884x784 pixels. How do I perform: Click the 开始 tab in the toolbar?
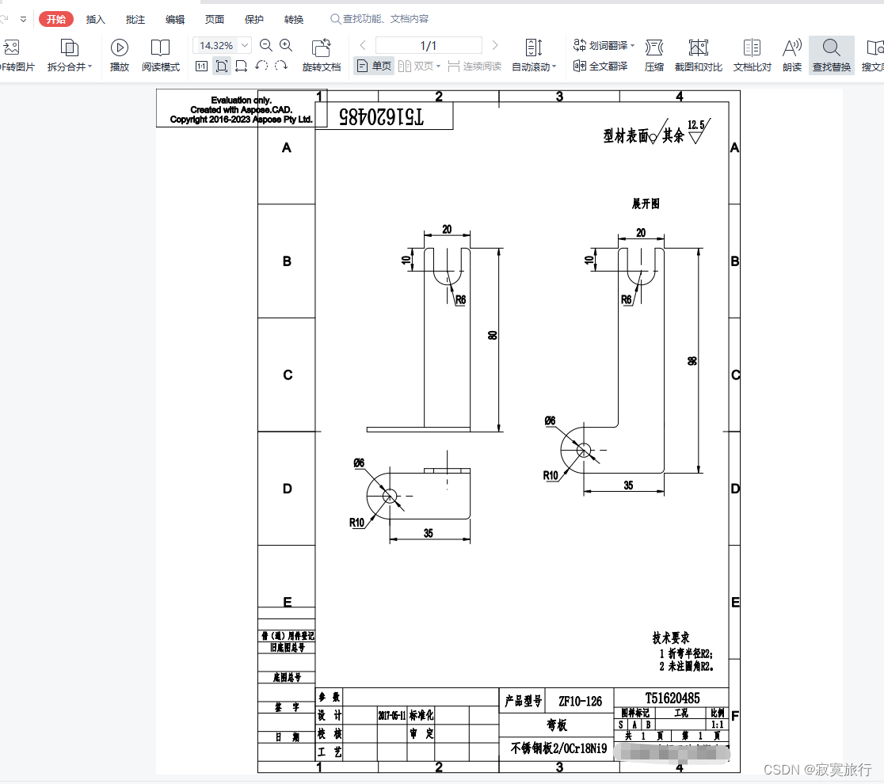coord(56,19)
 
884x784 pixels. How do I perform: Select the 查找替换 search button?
coord(831,55)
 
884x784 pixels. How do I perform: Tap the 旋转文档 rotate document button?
coord(322,55)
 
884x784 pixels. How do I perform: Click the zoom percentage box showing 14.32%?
coord(216,45)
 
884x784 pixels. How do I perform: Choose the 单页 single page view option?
coord(374,67)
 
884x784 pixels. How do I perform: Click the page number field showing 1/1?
coord(428,45)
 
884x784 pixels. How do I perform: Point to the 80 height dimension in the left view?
coord(492,336)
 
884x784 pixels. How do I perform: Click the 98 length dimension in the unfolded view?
coord(692,360)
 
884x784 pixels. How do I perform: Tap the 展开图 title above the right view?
coord(645,204)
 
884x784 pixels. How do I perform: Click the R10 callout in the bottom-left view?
coord(357,522)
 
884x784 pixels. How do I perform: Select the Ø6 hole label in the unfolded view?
coord(550,421)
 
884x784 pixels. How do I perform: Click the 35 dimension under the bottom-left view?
coord(429,533)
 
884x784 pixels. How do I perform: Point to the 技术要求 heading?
coord(670,637)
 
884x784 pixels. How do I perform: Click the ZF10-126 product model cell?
coord(580,701)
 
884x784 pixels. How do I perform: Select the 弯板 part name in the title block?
coord(557,725)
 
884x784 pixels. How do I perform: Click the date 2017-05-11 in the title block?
coord(392,715)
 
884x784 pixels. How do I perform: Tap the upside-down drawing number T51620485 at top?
coord(381,116)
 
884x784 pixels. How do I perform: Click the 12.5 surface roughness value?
coord(696,124)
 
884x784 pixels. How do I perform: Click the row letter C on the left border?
coord(288,375)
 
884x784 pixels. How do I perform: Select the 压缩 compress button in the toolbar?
coord(653,55)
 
